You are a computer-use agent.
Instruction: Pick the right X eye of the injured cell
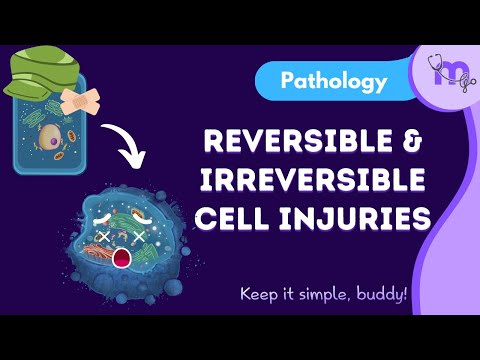[142, 238]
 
